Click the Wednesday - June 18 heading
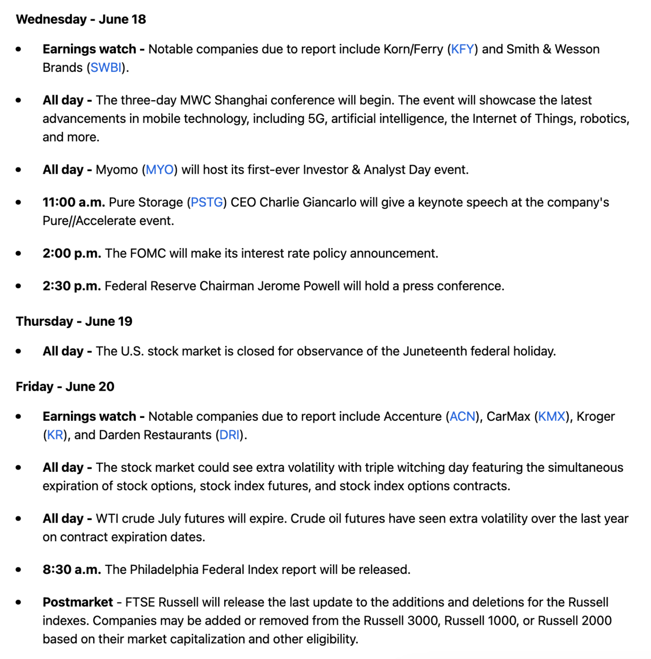pyautogui.click(x=81, y=20)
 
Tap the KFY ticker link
pyautogui.click(x=463, y=49)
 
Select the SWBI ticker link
pyautogui.click(x=106, y=68)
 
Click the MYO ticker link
pyautogui.click(x=160, y=170)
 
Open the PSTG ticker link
pyautogui.click(x=207, y=202)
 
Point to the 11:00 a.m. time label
pyautogui.click(x=74, y=202)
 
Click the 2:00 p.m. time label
pyautogui.click(x=72, y=253)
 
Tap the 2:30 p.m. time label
pyautogui.click(x=72, y=286)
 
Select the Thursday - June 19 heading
pyautogui.click(x=74, y=322)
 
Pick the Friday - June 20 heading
pyautogui.click(x=65, y=387)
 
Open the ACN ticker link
pyautogui.click(x=463, y=417)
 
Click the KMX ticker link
pyautogui.click(x=552, y=417)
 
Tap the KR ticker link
pyautogui.click(x=55, y=435)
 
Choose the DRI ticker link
pyautogui.click(x=230, y=435)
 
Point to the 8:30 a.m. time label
pyautogui.click(x=72, y=570)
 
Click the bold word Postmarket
pyautogui.click(x=78, y=603)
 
